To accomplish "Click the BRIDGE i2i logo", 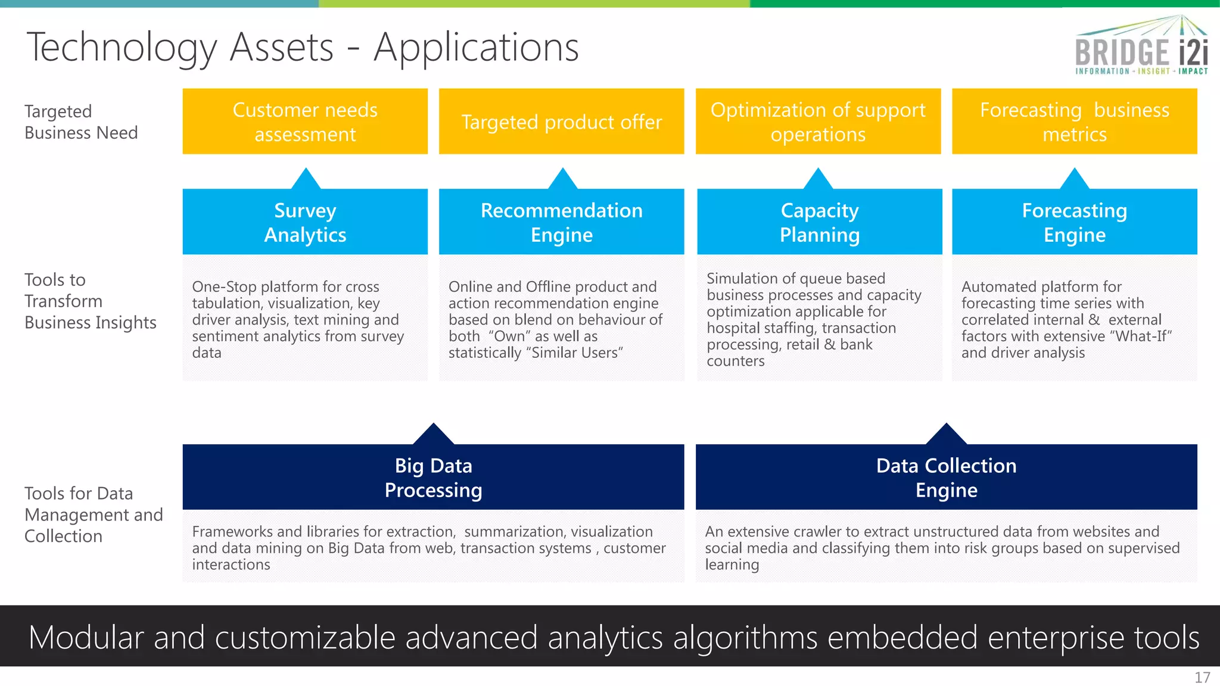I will click(1141, 46).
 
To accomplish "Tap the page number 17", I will click(1202, 677).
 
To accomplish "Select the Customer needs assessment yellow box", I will click(305, 121).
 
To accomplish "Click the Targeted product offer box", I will click(561, 121).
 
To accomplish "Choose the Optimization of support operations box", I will click(818, 121).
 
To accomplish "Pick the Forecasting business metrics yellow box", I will click(1074, 121).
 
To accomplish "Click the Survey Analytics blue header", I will click(305, 222).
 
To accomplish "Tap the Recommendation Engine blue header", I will click(561, 222).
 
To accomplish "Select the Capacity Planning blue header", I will click(819, 222).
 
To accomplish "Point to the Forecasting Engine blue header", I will click(1074, 222).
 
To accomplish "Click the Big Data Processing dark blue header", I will click(433, 477).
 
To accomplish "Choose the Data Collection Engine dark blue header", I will click(946, 477).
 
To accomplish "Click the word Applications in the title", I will click(476, 47).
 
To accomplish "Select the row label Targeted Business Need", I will click(81, 121).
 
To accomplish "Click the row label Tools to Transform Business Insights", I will click(89, 301).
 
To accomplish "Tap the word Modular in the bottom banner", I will click(86, 637).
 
